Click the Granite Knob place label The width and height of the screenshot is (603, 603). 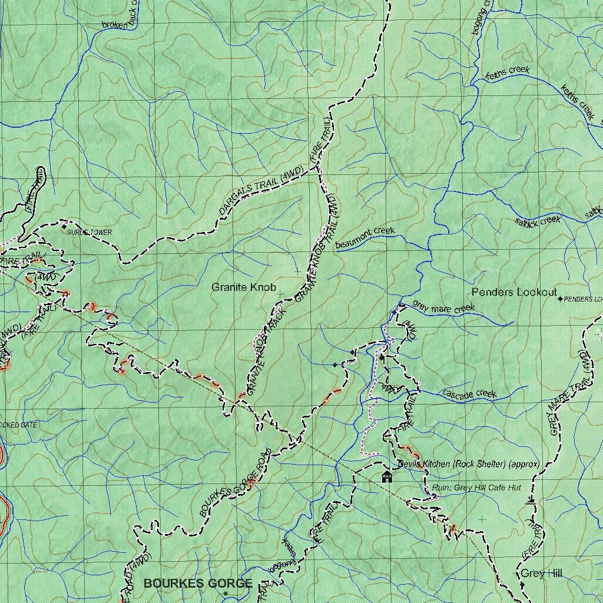point(244,287)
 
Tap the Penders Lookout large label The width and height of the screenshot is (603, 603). point(514,292)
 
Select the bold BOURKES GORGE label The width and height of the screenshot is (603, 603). point(198,584)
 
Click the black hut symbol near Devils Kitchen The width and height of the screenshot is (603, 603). point(387,476)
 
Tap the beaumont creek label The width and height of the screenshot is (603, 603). point(365,237)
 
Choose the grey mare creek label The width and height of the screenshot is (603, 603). point(443,307)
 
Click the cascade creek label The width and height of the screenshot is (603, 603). point(469,394)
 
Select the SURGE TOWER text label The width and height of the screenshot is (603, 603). point(89,233)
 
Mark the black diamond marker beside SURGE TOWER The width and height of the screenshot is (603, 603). point(64,226)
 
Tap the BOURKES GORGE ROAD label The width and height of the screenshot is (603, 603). point(234,483)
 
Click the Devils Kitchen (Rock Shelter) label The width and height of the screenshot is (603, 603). point(468,464)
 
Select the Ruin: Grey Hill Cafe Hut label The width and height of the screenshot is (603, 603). point(476,488)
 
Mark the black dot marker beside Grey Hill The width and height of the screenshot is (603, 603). point(522,584)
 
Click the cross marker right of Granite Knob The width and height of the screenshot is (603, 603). point(280,293)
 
